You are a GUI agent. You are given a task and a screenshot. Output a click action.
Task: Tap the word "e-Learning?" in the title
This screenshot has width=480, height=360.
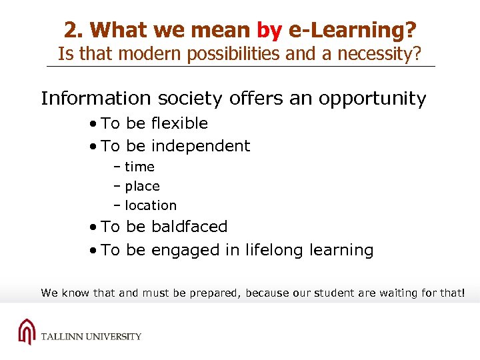tap(352, 30)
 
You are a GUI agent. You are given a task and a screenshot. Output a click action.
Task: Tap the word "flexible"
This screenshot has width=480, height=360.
tap(179, 123)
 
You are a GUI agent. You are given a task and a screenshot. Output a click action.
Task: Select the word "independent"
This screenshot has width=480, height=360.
tap(201, 146)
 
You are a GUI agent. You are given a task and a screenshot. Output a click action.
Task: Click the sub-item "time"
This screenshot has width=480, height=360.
tap(139, 167)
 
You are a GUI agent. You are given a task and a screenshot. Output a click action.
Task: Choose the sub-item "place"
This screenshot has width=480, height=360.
tap(142, 187)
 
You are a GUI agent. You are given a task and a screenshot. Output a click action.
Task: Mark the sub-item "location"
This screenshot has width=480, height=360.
tap(151, 206)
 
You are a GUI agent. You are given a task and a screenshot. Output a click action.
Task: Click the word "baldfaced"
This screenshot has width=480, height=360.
tap(189, 227)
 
